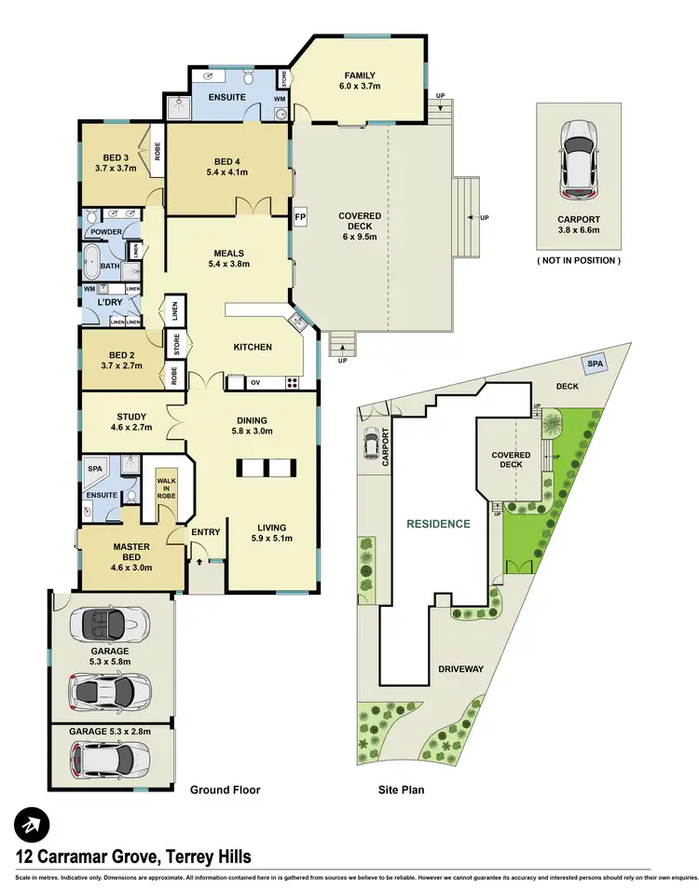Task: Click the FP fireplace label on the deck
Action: coord(300,217)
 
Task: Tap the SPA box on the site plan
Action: coord(593,363)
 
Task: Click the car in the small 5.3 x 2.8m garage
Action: coord(109,760)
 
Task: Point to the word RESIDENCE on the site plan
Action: coord(438,524)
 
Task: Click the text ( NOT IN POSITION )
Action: coord(578,260)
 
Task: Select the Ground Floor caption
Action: coord(225,789)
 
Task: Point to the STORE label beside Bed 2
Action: coord(175,345)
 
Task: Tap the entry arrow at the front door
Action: coord(199,562)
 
